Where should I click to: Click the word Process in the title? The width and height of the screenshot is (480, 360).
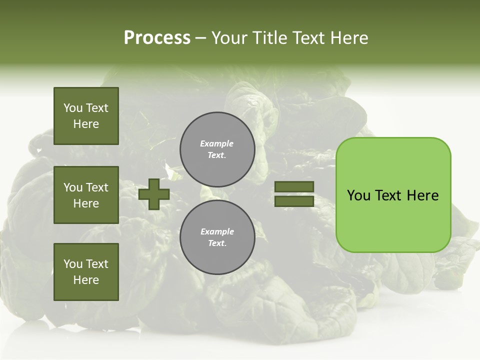157,38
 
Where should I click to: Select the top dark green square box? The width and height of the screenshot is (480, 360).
86,116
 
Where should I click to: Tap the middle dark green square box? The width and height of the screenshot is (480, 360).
86,195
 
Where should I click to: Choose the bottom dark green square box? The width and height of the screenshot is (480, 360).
86,272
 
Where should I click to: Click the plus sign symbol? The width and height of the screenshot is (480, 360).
154,194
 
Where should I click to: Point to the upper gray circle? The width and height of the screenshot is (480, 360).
217,149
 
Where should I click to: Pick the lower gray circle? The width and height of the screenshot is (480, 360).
217,237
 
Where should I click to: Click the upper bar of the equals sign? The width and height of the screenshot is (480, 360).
294,187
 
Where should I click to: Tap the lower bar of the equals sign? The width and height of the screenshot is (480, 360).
294,201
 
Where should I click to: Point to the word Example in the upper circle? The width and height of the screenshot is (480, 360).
216,143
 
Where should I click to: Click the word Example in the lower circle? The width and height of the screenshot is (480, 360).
217,231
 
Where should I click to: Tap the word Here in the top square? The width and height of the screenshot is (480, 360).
86,124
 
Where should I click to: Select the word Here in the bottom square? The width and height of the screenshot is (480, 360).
86,280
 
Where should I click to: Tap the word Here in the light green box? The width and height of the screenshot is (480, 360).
422,195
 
